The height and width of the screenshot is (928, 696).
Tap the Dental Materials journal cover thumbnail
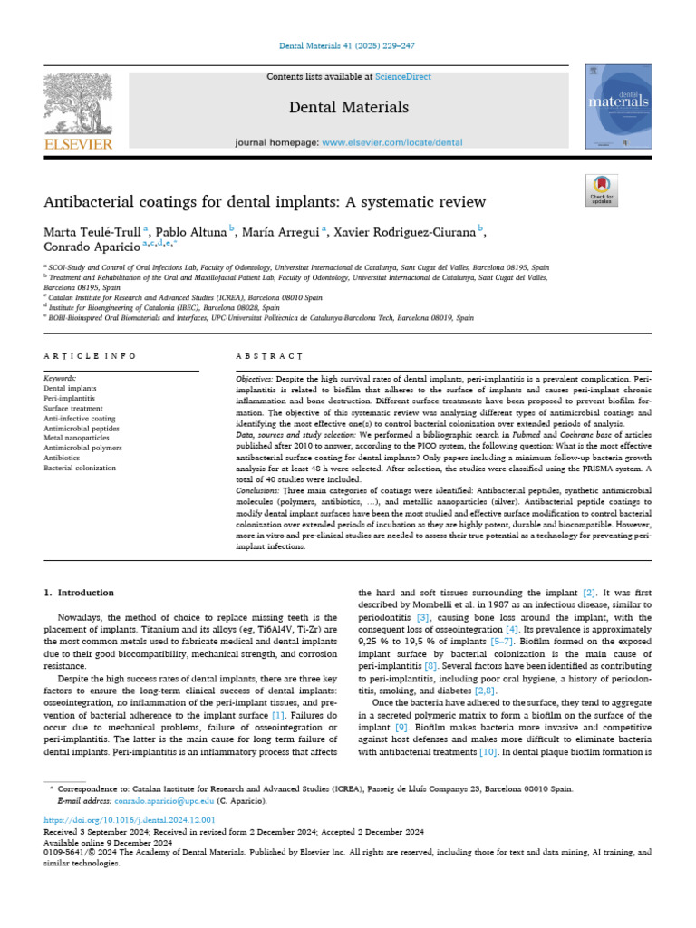pyautogui.click(x=619, y=106)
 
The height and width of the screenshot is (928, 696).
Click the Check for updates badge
pyautogui.click(x=600, y=188)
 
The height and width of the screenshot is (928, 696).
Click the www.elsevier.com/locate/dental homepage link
pyautogui.click(x=391, y=142)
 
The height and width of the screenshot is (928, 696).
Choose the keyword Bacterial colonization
pyautogui.click(x=81, y=468)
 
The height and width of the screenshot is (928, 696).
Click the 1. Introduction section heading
pyautogui.click(x=80, y=593)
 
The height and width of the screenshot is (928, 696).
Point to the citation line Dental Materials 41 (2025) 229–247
pyautogui.click(x=348, y=45)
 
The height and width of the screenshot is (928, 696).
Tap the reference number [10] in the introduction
pyautogui.click(x=488, y=752)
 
